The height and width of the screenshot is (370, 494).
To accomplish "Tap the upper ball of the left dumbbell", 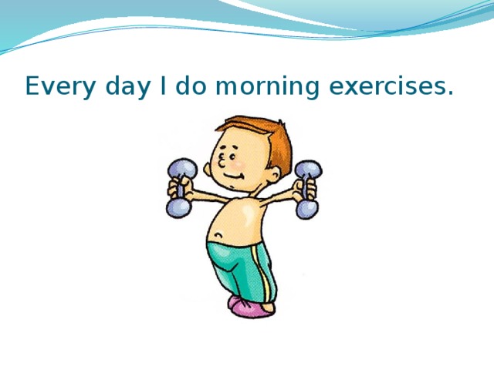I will pyautogui.click(x=183, y=167).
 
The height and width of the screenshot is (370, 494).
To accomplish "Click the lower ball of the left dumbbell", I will pyautogui.click(x=178, y=206).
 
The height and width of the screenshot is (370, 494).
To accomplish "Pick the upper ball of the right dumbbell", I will pyautogui.click(x=309, y=170).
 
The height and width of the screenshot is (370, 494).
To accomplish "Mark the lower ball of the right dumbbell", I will pyautogui.click(x=306, y=208).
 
